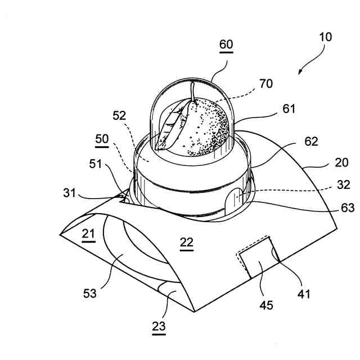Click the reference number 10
[x=325, y=38]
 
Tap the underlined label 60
[x=226, y=44]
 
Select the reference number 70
[x=266, y=84]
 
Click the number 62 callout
[x=310, y=141]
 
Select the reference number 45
[x=266, y=305]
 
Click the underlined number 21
[x=87, y=235]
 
